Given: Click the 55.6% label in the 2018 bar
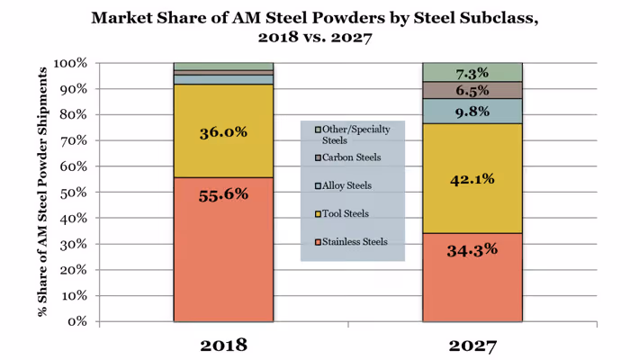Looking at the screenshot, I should tap(222, 193).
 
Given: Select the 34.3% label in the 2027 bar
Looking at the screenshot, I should tap(472, 249).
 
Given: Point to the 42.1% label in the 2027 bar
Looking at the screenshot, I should tap(472, 178).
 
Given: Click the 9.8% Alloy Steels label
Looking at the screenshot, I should tap(472, 112).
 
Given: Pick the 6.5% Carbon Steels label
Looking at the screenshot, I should tap(472, 91).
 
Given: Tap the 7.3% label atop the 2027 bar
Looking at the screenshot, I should tap(472, 72).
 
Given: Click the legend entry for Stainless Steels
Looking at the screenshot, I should tap(353, 241).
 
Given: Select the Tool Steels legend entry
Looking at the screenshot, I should tap(346, 213).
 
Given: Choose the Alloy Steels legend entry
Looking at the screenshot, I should tap(347, 185).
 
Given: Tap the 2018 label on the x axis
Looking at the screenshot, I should tap(222, 344).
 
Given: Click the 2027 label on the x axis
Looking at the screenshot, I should tap(472, 344).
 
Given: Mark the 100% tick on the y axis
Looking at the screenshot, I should tap(69, 64).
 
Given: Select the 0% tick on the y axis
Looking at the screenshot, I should tap(76, 321).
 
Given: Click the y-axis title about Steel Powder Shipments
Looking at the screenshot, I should tap(41, 193).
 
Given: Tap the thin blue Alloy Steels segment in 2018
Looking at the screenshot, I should tap(222, 79).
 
